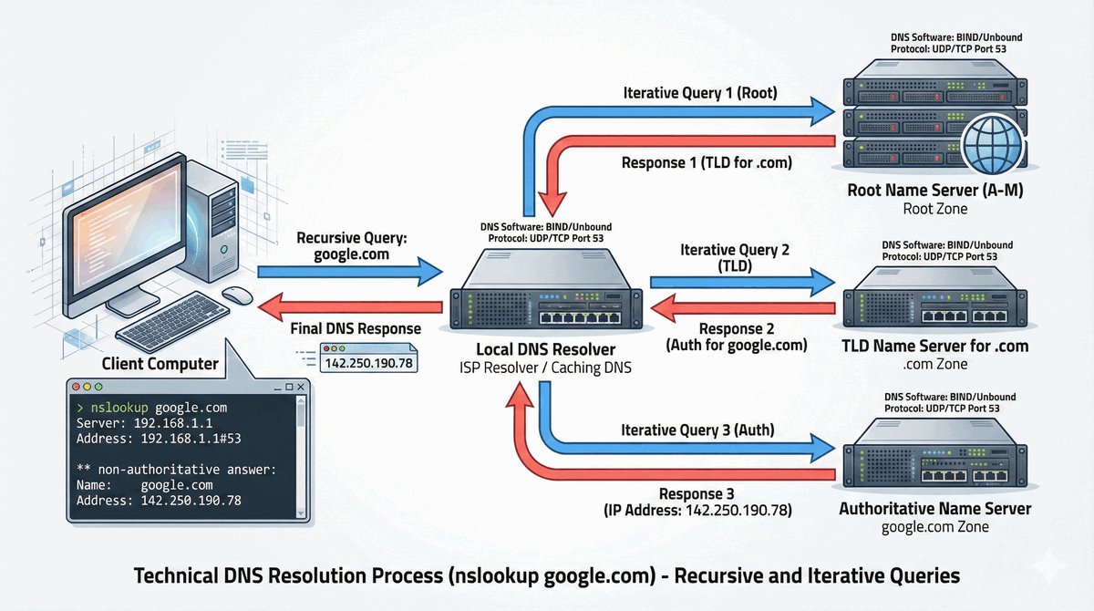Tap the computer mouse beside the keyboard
click(x=237, y=295)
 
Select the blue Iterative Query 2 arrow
click(x=738, y=284)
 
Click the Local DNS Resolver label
click(x=545, y=350)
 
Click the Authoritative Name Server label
click(x=934, y=509)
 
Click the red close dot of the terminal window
click(x=77, y=387)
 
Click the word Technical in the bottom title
click(x=174, y=576)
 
